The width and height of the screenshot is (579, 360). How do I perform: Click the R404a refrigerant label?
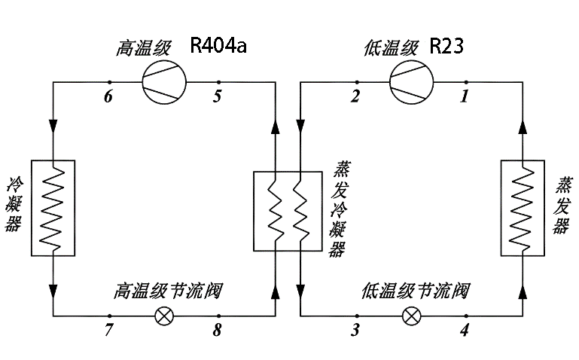coord(218,47)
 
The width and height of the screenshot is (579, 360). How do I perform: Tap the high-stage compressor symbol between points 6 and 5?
coord(164,82)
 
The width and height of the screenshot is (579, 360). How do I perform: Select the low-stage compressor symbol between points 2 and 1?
coord(411,82)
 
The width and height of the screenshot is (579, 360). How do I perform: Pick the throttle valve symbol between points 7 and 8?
coord(163,316)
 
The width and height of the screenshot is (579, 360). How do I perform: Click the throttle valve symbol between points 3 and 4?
coord(411,316)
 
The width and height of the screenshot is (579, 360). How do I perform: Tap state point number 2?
coord(355,96)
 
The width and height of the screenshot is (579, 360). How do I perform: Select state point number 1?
coord(465,96)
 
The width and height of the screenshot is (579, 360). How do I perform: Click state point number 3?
coord(355,330)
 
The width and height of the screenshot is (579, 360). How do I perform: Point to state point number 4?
coord(465,330)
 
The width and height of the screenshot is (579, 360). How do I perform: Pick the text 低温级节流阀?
coord(416,290)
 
